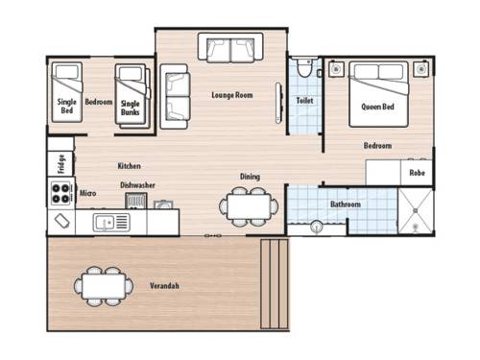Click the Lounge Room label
pyautogui.click(x=231, y=94)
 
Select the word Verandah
pyautogui.click(x=165, y=285)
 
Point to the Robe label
pyautogui.click(x=417, y=173)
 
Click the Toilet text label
pyautogui.click(x=304, y=99)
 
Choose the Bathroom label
pyautogui.click(x=345, y=204)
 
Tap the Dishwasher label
pyautogui.click(x=138, y=185)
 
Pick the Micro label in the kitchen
pyautogui.click(x=86, y=192)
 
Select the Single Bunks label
pyautogui.click(x=130, y=108)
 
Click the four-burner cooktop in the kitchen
pyautogui.click(x=60, y=194)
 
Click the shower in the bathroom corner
pyautogui.click(x=415, y=211)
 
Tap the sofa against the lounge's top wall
pyautogui.click(x=229, y=48)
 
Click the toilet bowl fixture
pyautogui.click(x=304, y=68)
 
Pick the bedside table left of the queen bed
pyautogui.click(x=336, y=70)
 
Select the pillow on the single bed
pyautogui.click(x=65, y=73)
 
